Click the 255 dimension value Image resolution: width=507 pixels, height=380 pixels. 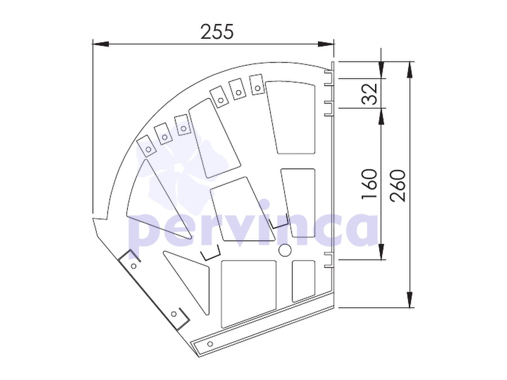pos(217,32)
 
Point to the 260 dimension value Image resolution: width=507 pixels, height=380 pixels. pos(397,186)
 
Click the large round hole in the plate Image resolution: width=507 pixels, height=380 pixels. pos(285,250)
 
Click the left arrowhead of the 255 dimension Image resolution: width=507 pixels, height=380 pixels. pos(100,44)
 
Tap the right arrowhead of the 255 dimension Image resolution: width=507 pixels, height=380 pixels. pos(326,44)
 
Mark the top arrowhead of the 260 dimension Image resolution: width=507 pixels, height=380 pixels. pos(410,69)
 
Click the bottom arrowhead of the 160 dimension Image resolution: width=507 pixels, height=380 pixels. pos(381,252)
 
